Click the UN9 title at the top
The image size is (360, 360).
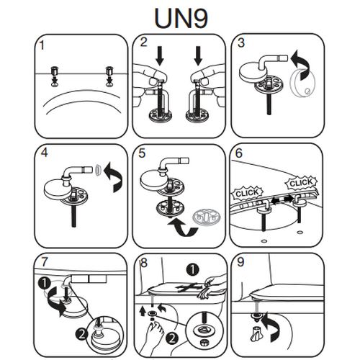point(181,18)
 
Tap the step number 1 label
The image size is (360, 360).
point(42,45)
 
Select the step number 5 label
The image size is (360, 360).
point(142,153)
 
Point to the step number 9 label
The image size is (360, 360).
point(240,262)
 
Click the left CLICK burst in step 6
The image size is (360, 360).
point(248,193)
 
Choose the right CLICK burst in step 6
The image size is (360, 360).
point(301,184)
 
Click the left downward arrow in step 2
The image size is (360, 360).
point(160,56)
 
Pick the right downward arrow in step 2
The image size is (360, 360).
point(198,56)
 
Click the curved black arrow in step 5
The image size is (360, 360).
point(184,228)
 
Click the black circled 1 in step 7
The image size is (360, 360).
point(45,284)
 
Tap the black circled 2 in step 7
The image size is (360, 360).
point(81,334)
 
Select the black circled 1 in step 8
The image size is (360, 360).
point(193,270)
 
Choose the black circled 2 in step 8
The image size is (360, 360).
point(172,338)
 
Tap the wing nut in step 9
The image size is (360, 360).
point(255,333)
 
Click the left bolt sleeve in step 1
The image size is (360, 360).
point(55,71)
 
